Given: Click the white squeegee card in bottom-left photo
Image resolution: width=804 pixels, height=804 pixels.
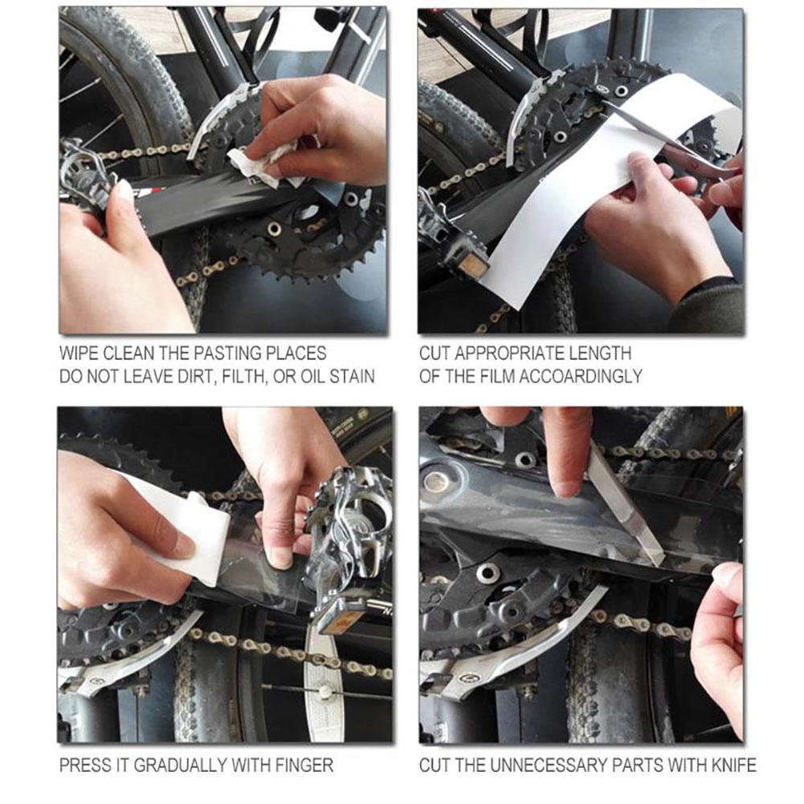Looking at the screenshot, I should point(189,530).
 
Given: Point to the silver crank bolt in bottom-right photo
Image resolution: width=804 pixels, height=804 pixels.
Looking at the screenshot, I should point(436,481).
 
